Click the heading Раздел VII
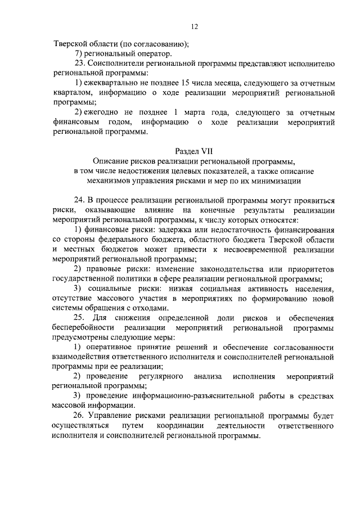point(194,151)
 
